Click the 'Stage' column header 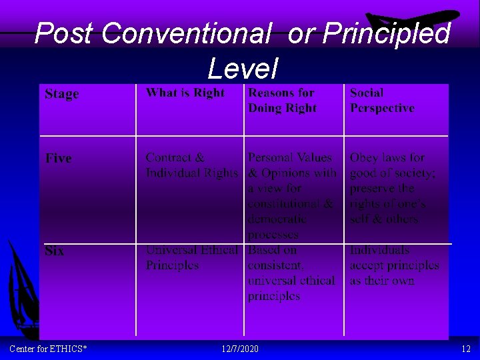tap(61, 94)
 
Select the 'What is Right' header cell tap(185, 93)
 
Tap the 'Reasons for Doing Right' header tap(282, 100)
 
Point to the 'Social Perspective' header tap(382, 100)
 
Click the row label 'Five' tap(58, 158)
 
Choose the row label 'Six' tap(55, 251)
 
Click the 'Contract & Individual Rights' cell tap(191, 165)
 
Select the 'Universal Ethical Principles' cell tap(191, 257)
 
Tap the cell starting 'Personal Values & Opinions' tap(292, 195)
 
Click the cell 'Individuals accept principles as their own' tap(394, 265)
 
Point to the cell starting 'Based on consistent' tap(291, 273)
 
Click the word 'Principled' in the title tap(386, 33)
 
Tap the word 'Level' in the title tap(242, 68)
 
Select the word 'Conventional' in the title tap(186, 33)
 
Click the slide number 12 tap(465, 349)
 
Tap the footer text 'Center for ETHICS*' tap(48, 349)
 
